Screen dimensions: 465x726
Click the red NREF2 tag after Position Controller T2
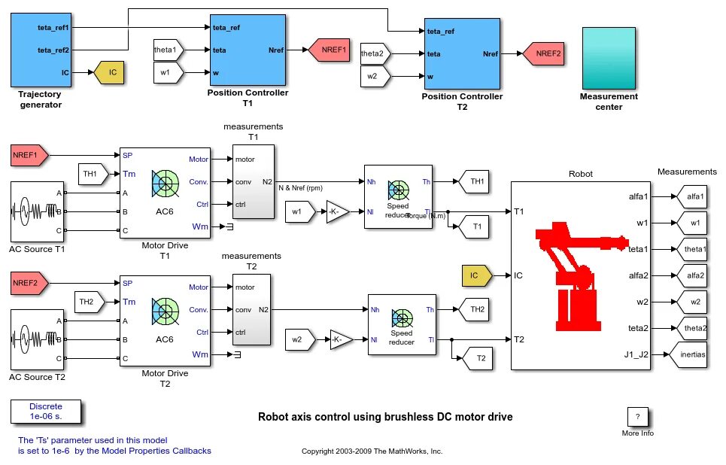click(542, 53)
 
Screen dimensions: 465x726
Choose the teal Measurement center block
click(609, 57)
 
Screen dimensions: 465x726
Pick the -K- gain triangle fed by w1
click(338, 211)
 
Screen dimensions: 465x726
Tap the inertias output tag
click(691, 354)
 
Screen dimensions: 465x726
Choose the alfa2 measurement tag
click(691, 275)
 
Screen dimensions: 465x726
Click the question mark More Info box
click(637, 416)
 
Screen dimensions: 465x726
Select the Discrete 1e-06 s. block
click(46, 411)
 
